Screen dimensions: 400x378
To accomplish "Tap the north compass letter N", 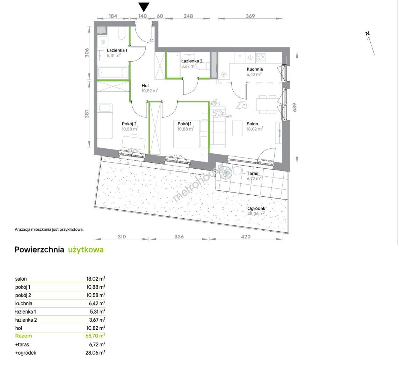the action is [x=368, y=34].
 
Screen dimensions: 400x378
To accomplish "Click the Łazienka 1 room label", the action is [x=117, y=50].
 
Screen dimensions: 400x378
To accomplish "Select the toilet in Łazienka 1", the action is [x=122, y=35].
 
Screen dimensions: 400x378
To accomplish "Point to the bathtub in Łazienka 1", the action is [x=113, y=72].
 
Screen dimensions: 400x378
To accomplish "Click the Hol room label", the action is [x=145, y=86].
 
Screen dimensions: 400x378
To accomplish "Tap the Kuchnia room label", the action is [x=255, y=69].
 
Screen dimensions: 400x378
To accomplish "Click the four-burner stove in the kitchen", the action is [x=261, y=57].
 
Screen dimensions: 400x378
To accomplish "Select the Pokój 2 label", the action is [x=129, y=124].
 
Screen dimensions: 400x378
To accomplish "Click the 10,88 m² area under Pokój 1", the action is [x=186, y=129].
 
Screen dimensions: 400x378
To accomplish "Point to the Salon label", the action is [x=252, y=124].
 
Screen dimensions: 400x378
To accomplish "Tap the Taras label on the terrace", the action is [x=253, y=173].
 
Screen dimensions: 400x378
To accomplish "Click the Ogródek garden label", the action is [x=256, y=208].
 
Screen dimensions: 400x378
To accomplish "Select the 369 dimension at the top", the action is [x=250, y=16].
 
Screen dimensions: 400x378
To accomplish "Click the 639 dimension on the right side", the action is [x=294, y=107].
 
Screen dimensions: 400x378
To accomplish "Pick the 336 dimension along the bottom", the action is [x=179, y=237].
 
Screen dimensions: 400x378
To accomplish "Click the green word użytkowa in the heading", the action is [x=86, y=250].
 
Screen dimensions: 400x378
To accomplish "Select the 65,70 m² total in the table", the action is [x=95, y=336].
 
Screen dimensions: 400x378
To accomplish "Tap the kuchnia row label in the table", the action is [x=24, y=303].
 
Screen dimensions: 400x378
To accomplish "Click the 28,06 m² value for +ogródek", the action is [x=95, y=353].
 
